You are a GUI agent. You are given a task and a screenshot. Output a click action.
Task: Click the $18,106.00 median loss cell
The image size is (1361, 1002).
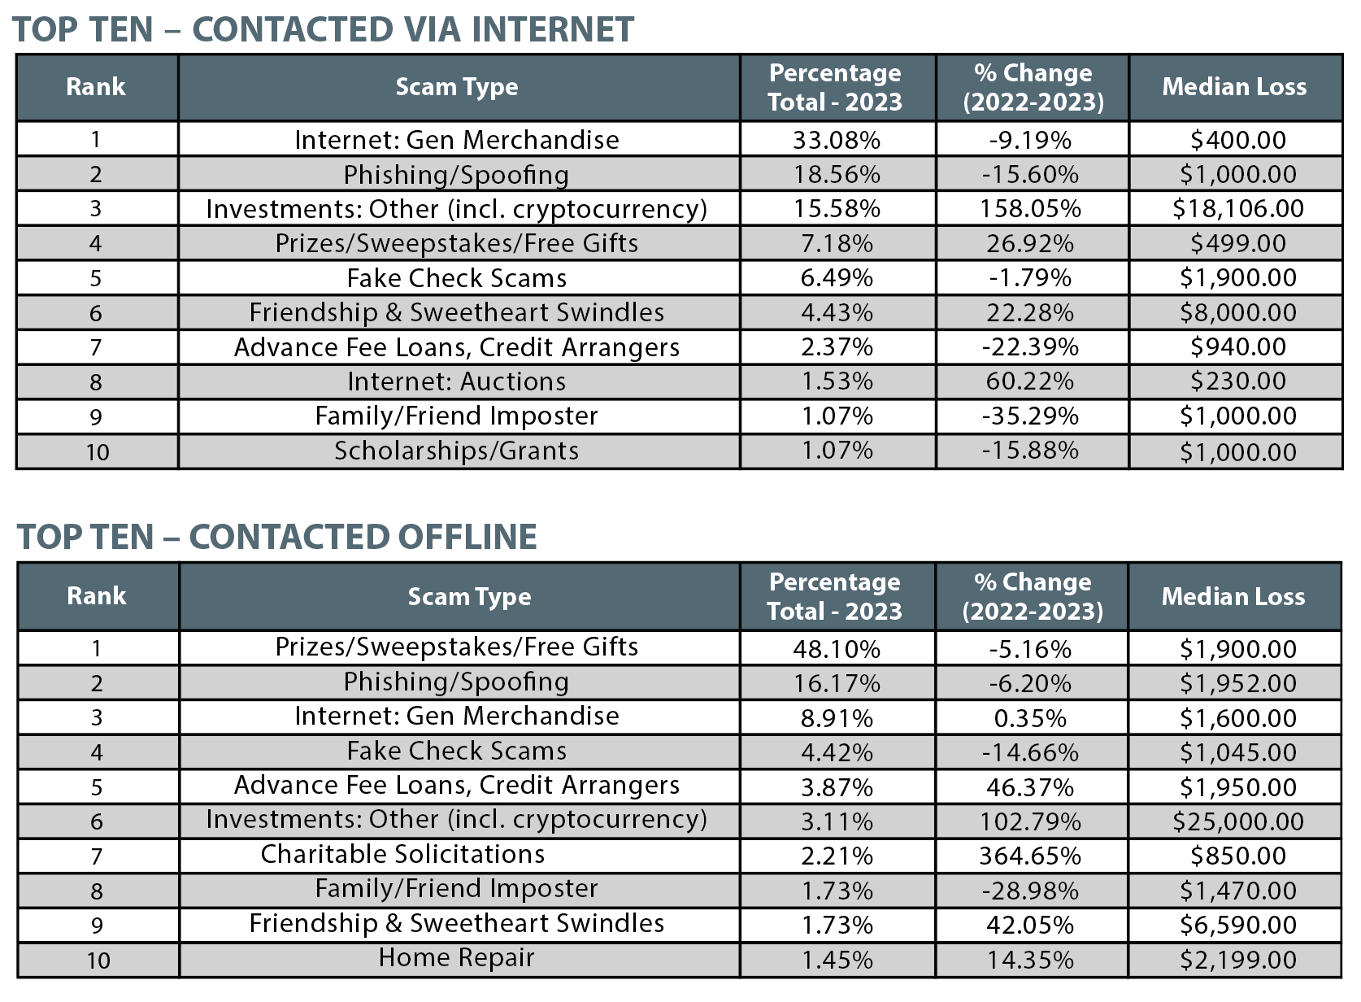pyautogui.click(x=1237, y=209)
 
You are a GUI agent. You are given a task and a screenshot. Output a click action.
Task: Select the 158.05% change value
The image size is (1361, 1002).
pyautogui.click(x=1031, y=209)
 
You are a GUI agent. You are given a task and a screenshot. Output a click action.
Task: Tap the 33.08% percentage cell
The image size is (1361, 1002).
pyautogui.click(x=837, y=141)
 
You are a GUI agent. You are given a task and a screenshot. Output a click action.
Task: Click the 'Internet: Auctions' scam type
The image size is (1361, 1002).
pyautogui.click(x=456, y=381)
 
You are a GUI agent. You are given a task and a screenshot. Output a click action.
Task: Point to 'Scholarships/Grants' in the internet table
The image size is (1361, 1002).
pyautogui.click(x=456, y=451)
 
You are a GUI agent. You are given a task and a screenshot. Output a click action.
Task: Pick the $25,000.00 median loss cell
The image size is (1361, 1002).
pyautogui.click(x=1237, y=822)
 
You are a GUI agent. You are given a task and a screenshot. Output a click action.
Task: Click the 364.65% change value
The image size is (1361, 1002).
pyautogui.click(x=1031, y=856)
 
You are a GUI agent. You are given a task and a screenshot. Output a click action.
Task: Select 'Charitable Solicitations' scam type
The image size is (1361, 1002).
pyautogui.click(x=402, y=854)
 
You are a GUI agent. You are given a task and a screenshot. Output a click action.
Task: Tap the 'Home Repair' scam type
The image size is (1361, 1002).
pyautogui.click(x=456, y=957)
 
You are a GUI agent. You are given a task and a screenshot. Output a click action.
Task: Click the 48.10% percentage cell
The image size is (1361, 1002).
pyautogui.click(x=837, y=649)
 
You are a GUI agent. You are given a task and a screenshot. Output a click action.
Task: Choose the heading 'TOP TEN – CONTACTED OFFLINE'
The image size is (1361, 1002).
pyautogui.click(x=276, y=537)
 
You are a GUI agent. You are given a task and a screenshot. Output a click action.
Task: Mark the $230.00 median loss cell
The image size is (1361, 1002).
pyautogui.click(x=1237, y=381)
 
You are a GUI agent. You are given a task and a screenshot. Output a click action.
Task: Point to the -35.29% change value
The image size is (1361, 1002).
pyautogui.click(x=1031, y=416)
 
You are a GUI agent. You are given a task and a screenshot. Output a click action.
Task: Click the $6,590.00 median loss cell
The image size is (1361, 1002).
pyautogui.click(x=1237, y=926)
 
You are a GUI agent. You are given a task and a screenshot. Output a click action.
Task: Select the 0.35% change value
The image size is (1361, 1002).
pyautogui.click(x=1031, y=719)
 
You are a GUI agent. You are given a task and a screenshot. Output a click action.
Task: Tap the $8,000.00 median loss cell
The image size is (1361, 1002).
pyautogui.click(x=1237, y=313)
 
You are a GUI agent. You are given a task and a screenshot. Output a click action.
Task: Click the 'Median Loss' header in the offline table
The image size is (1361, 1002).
pyautogui.click(x=1233, y=596)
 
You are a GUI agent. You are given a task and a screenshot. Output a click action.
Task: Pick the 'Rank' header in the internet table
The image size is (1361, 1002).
pyautogui.click(x=96, y=87)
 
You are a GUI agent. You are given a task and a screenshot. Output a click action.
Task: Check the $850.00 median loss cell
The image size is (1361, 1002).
pyautogui.click(x=1237, y=856)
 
